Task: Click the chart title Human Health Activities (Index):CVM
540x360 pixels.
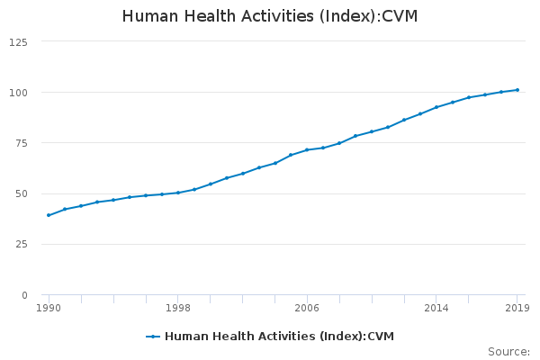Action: point(270,16)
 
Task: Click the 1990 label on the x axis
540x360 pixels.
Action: point(49,308)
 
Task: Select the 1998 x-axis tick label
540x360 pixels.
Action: point(178,308)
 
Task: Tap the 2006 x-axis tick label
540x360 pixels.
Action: point(307,308)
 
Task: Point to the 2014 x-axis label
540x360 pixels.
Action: point(436,308)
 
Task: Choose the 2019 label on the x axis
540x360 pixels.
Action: point(517,308)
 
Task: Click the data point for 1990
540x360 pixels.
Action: point(49,215)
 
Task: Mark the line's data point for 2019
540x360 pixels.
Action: point(517,90)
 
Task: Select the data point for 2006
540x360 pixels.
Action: point(307,149)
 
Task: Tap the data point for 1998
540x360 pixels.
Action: point(178,193)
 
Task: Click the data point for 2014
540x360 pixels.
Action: point(436,107)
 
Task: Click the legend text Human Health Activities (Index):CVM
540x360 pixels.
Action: point(279,337)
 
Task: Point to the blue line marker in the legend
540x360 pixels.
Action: point(153,337)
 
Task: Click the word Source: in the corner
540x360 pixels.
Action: point(508,352)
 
